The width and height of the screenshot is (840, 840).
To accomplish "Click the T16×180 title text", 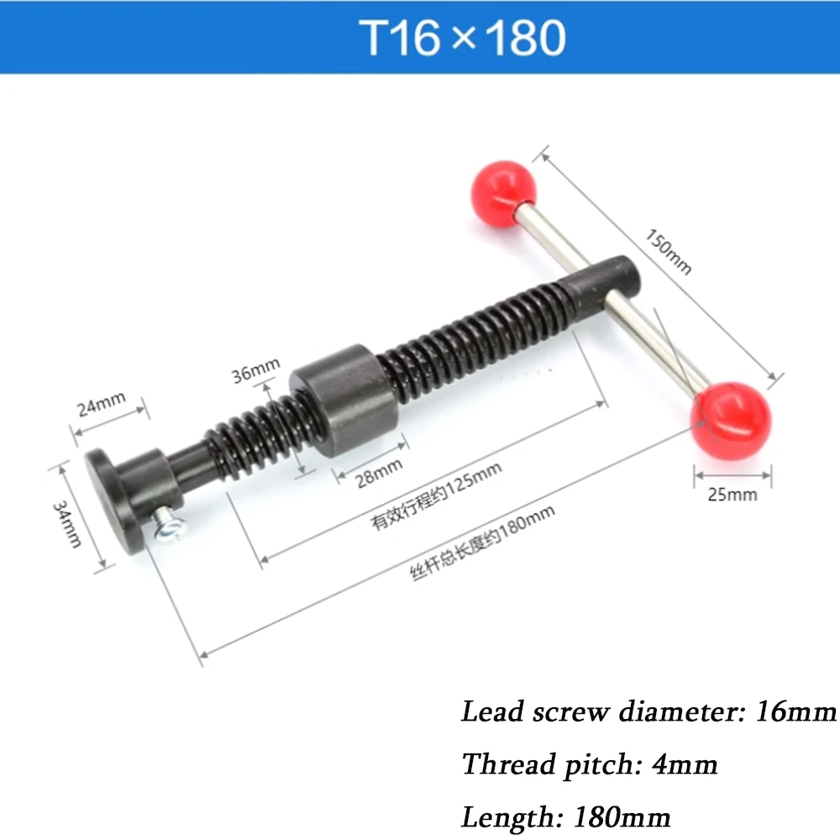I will pos(463,38).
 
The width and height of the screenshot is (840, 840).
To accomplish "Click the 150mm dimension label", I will pos(669,251).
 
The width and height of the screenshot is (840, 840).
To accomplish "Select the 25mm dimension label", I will pos(732,494).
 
